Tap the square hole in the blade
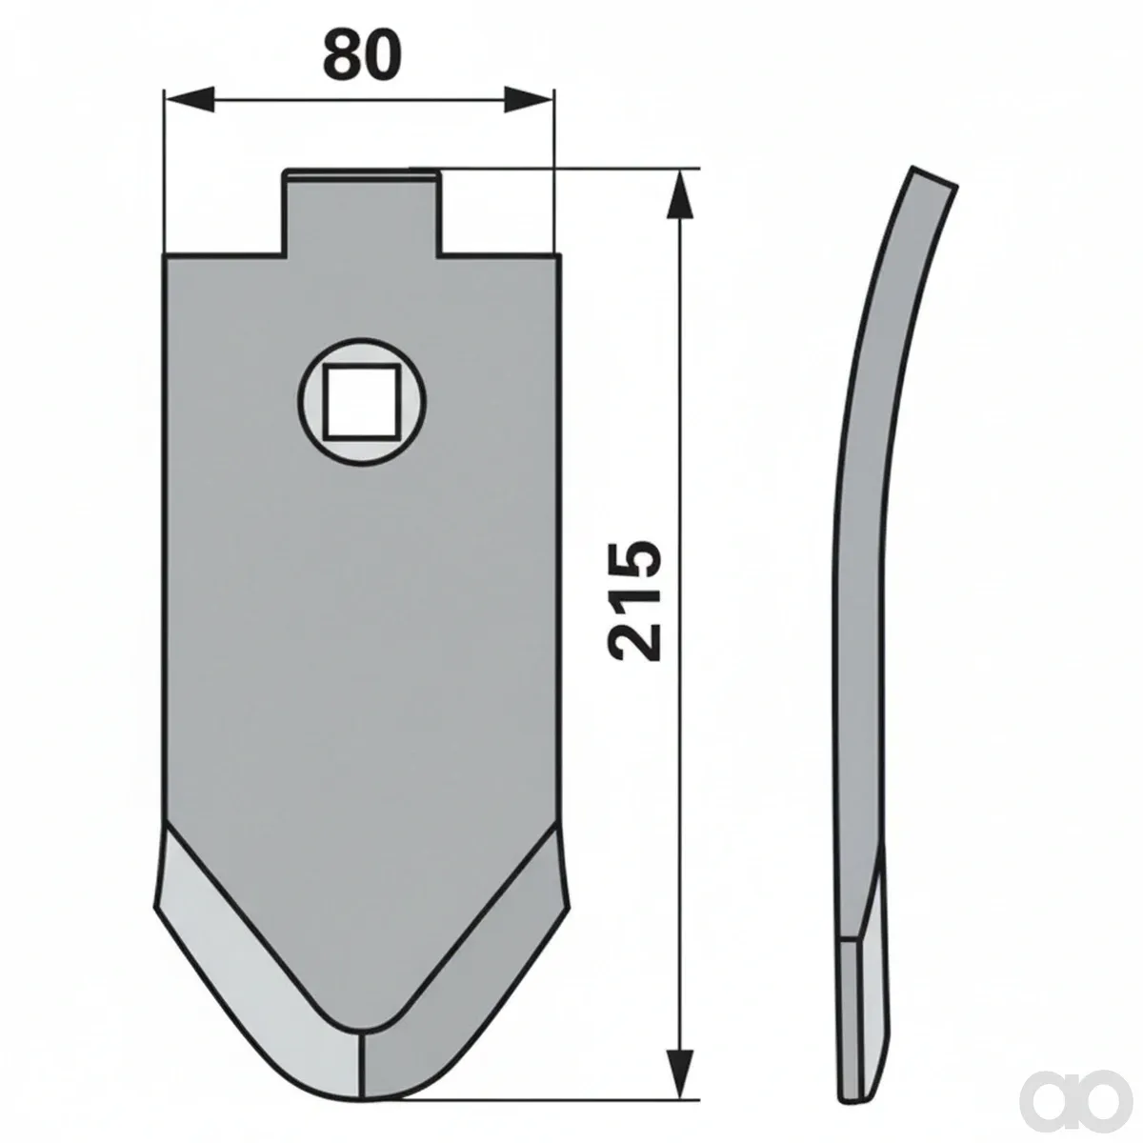[x=361, y=402]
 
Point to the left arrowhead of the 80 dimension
[x=189, y=99]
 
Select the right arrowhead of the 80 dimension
[x=528, y=99]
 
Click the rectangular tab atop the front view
[x=362, y=212]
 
